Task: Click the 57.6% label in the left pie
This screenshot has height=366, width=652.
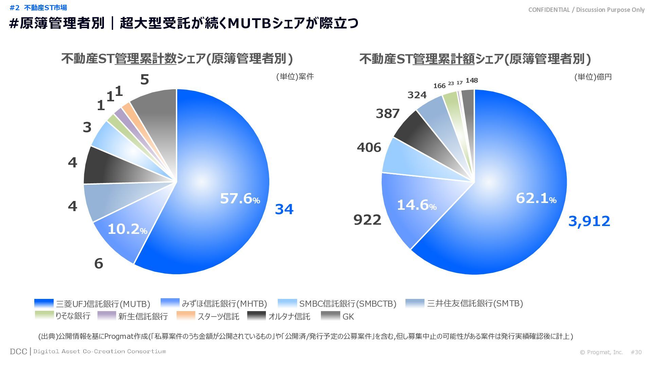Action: click(x=240, y=199)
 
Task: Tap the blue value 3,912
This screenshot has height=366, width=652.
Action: click(x=589, y=221)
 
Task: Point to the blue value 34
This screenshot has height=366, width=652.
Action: click(x=284, y=209)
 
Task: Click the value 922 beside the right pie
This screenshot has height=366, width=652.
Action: click(x=367, y=220)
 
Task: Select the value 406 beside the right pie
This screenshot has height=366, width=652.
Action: click(x=369, y=148)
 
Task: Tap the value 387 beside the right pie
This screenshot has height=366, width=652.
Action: click(x=387, y=114)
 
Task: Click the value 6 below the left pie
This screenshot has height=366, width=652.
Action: click(x=98, y=264)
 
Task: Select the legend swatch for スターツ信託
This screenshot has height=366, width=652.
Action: click(x=186, y=316)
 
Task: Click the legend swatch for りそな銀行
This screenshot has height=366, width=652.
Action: click(x=44, y=316)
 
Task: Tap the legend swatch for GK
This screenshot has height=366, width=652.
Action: click(x=330, y=316)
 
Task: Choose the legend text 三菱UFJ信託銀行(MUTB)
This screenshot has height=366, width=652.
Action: click(x=103, y=304)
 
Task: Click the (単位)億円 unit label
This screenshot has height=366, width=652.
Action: click(x=593, y=77)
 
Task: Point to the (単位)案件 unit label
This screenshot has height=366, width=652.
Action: click(x=295, y=77)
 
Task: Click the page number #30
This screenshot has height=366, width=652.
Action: click(x=636, y=352)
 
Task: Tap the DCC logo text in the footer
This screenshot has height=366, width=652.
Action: click(x=18, y=351)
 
